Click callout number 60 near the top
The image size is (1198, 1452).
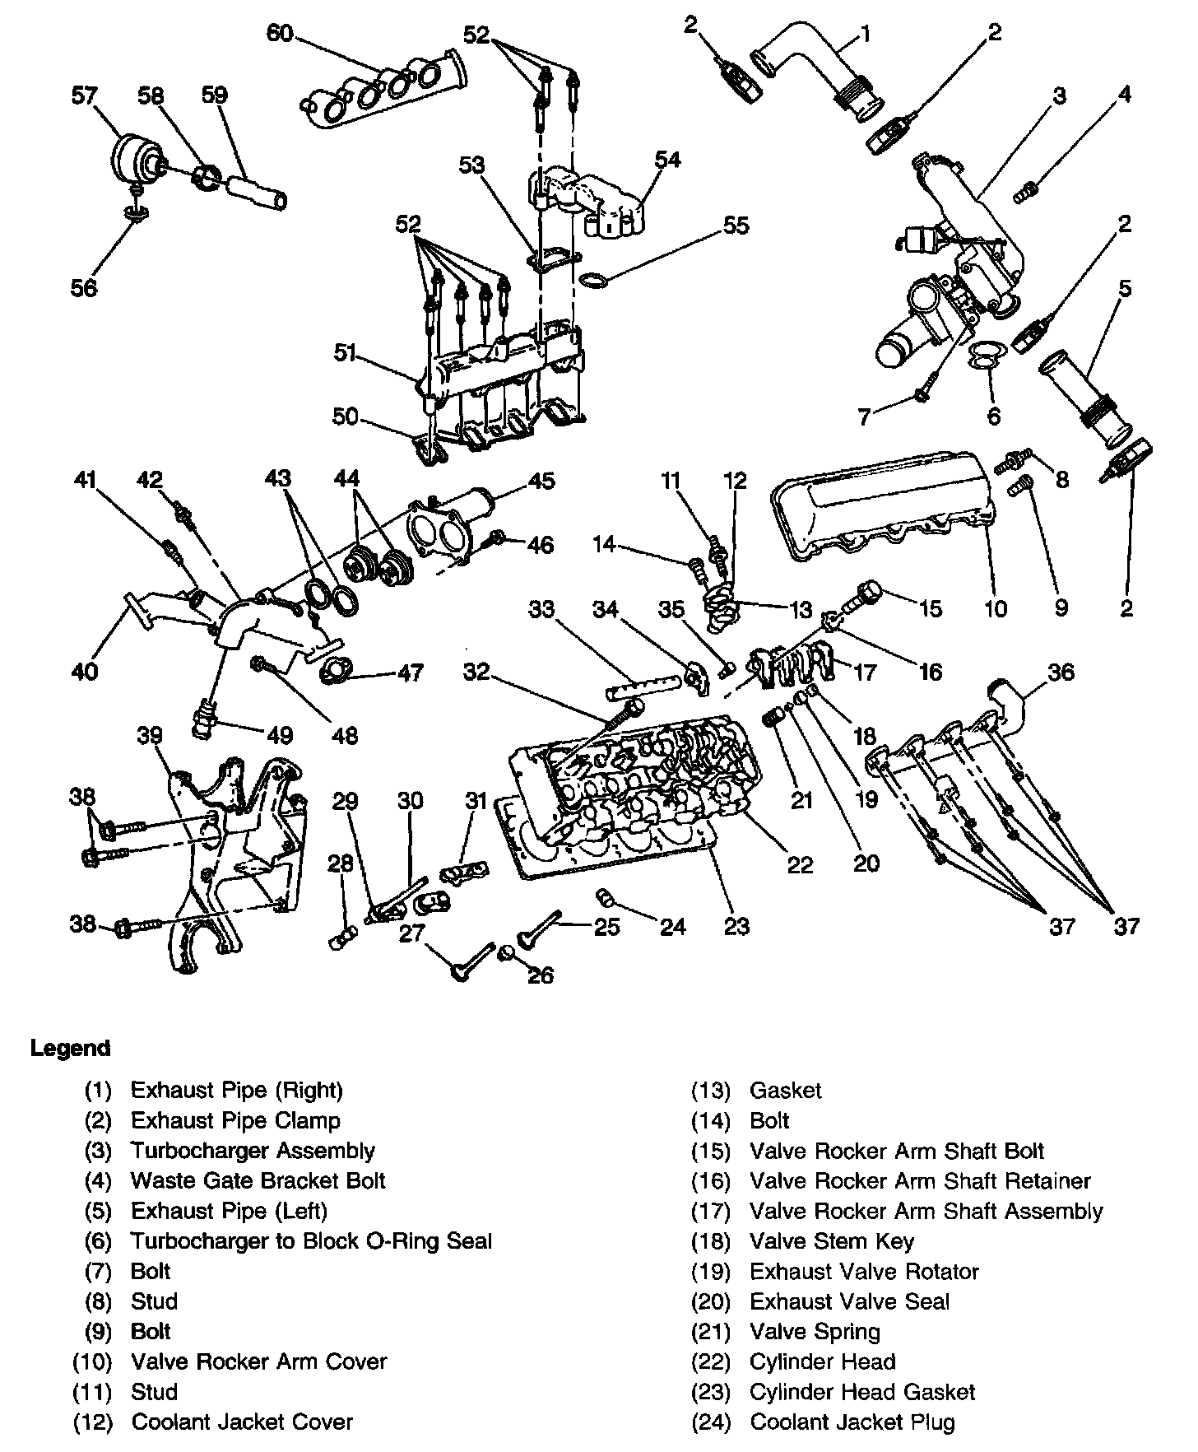click(280, 34)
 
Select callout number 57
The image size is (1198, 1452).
click(85, 95)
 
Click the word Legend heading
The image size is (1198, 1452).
click(70, 1049)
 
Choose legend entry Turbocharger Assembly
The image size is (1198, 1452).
click(253, 1151)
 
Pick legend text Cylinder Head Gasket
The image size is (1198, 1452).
click(862, 1392)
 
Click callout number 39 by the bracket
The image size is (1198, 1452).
click(150, 735)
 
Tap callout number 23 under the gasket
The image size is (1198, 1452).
click(736, 926)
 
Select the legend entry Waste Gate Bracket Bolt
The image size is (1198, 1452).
click(258, 1180)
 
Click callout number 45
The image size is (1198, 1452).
click(541, 481)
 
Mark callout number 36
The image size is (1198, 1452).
click(1061, 672)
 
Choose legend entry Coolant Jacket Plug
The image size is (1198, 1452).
click(852, 1422)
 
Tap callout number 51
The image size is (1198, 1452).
click(345, 353)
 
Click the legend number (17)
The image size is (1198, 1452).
click(711, 1211)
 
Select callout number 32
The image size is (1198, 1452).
click(476, 672)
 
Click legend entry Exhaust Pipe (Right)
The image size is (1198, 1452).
click(236, 1090)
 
